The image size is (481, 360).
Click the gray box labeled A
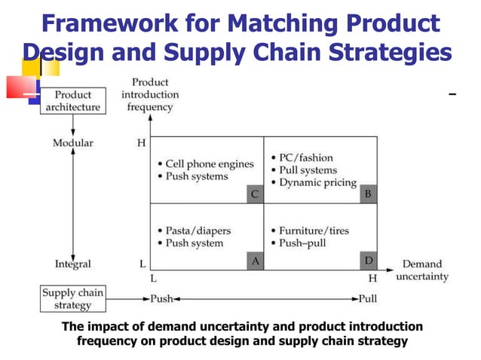(x=255, y=261)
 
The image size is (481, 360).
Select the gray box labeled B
(x=368, y=194)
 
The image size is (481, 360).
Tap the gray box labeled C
(x=255, y=194)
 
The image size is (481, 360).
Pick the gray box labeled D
(x=368, y=261)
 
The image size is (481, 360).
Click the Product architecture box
(x=72, y=101)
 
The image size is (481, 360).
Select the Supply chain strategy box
(x=72, y=299)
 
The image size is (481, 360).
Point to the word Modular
(x=72, y=143)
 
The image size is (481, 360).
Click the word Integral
(x=72, y=264)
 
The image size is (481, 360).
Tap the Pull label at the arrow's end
(x=367, y=298)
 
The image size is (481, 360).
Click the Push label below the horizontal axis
(x=161, y=298)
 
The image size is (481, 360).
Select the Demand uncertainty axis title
(x=421, y=270)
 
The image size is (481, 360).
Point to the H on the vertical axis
(x=141, y=143)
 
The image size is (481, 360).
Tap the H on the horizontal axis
(x=372, y=278)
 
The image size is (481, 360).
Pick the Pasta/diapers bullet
(x=195, y=230)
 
